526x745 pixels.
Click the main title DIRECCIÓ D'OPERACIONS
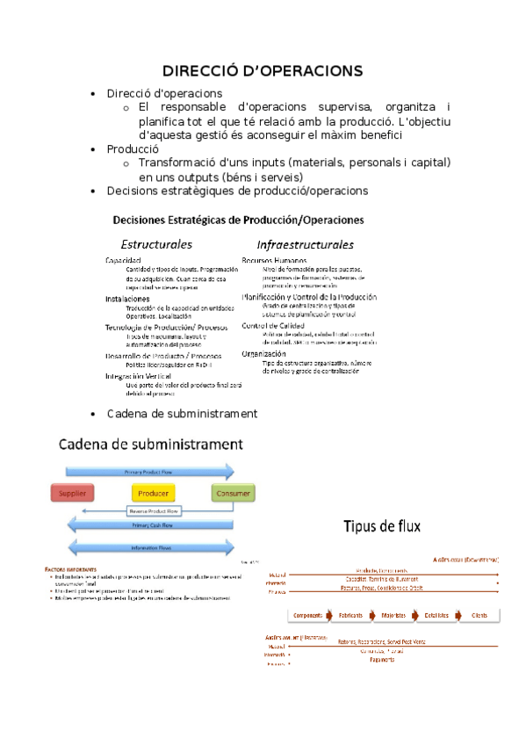pyautogui.click(x=263, y=71)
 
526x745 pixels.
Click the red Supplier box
pyautogui.click(x=72, y=494)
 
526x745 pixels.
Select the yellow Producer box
pyautogui.click(x=153, y=494)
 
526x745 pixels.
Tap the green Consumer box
pyautogui.click(x=233, y=494)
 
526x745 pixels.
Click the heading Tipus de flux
pyautogui.click(x=382, y=527)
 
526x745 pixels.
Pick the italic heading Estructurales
pyautogui.click(x=156, y=244)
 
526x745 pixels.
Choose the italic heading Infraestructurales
pyautogui.click(x=305, y=244)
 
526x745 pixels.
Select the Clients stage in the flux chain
pyautogui.click(x=480, y=615)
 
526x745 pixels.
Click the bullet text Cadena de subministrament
pyautogui.click(x=182, y=414)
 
